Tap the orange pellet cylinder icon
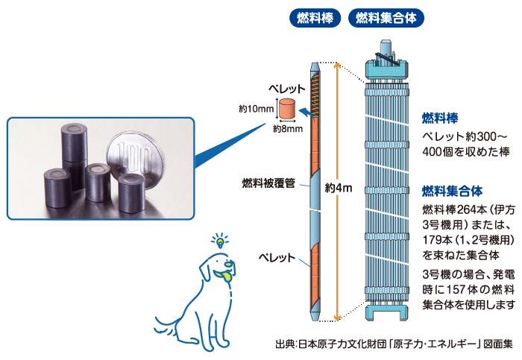tap(287, 109)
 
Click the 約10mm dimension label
tap(256, 109)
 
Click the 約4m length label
tap(338, 188)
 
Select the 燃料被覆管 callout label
tap(268, 182)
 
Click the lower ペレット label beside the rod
tap(277, 238)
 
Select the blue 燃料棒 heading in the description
tap(439, 118)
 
